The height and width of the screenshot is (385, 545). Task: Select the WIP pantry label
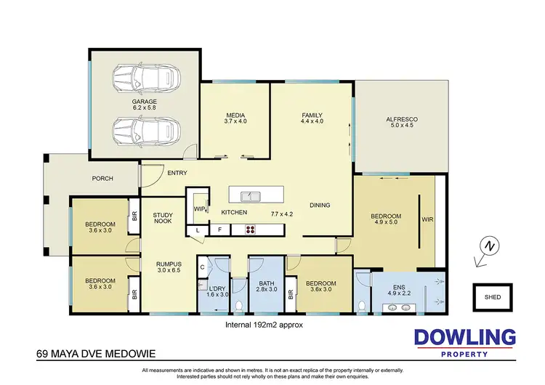click(199, 208)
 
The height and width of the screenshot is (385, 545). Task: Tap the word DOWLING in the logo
click(464, 338)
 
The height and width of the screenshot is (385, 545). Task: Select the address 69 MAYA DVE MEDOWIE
click(94, 355)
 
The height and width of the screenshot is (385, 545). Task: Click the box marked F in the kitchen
click(219, 230)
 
